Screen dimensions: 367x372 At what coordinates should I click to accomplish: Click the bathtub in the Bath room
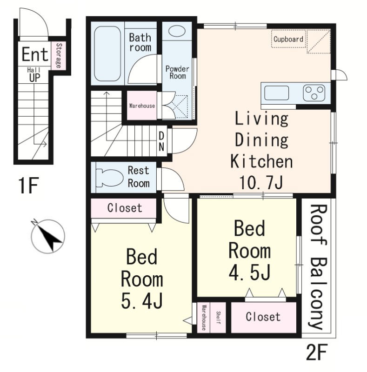pos(107,53)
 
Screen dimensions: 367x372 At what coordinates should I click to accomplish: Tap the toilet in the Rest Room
pos(110,178)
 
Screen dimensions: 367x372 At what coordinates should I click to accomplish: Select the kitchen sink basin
pos(276,93)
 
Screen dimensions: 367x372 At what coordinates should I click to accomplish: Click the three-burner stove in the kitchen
pos(314,93)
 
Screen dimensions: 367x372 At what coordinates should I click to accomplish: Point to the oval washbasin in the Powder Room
pos(177,31)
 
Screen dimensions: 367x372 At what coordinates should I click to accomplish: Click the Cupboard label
pos(288,39)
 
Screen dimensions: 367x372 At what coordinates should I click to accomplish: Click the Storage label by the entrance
pos(59,55)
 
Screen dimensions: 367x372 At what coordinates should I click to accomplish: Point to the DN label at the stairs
pos(161,141)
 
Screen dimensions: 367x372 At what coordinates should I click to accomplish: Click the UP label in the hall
pos(35,78)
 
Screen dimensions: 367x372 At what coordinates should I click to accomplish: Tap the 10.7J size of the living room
pos(261,182)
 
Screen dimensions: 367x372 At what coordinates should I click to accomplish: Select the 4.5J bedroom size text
pos(249,272)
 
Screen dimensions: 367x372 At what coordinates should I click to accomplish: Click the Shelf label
pos(219,318)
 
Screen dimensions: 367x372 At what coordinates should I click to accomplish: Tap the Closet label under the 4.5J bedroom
pos(263,317)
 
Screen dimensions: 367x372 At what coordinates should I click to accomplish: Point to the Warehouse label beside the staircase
pos(142,106)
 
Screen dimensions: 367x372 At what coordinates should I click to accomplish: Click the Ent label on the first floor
pos(35,54)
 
